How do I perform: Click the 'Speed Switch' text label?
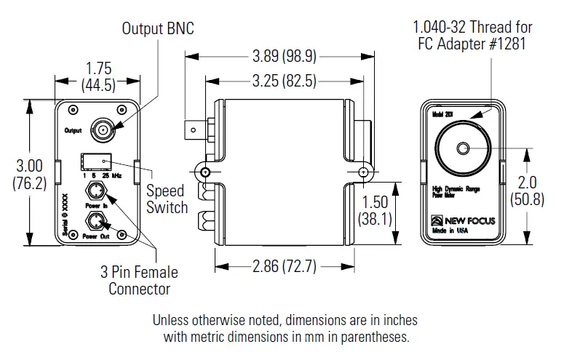point(167,199)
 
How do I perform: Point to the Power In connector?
point(95,193)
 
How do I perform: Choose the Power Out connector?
point(95,221)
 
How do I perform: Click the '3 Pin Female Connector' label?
point(139,281)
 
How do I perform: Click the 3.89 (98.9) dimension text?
point(280,55)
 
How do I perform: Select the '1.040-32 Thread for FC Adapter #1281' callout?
point(472,35)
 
